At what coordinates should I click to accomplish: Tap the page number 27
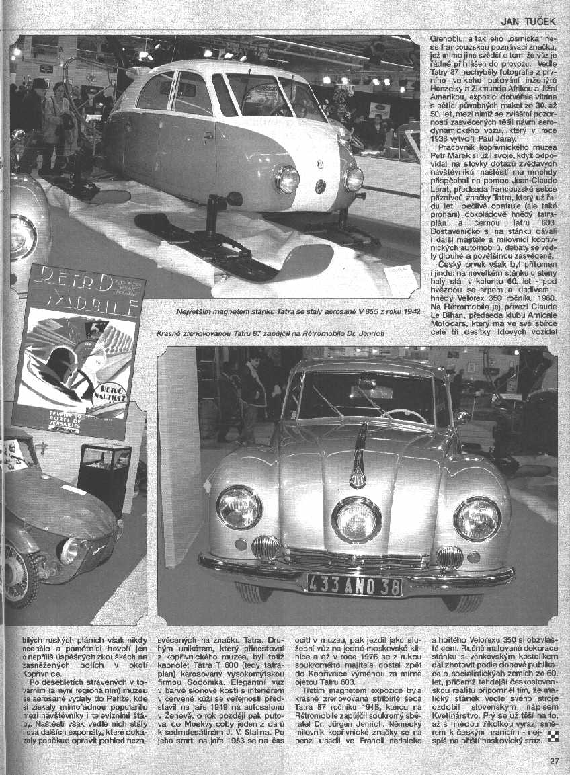(554, 761)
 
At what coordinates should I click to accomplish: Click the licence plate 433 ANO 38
(354, 583)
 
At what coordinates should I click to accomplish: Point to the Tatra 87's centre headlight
(356, 519)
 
